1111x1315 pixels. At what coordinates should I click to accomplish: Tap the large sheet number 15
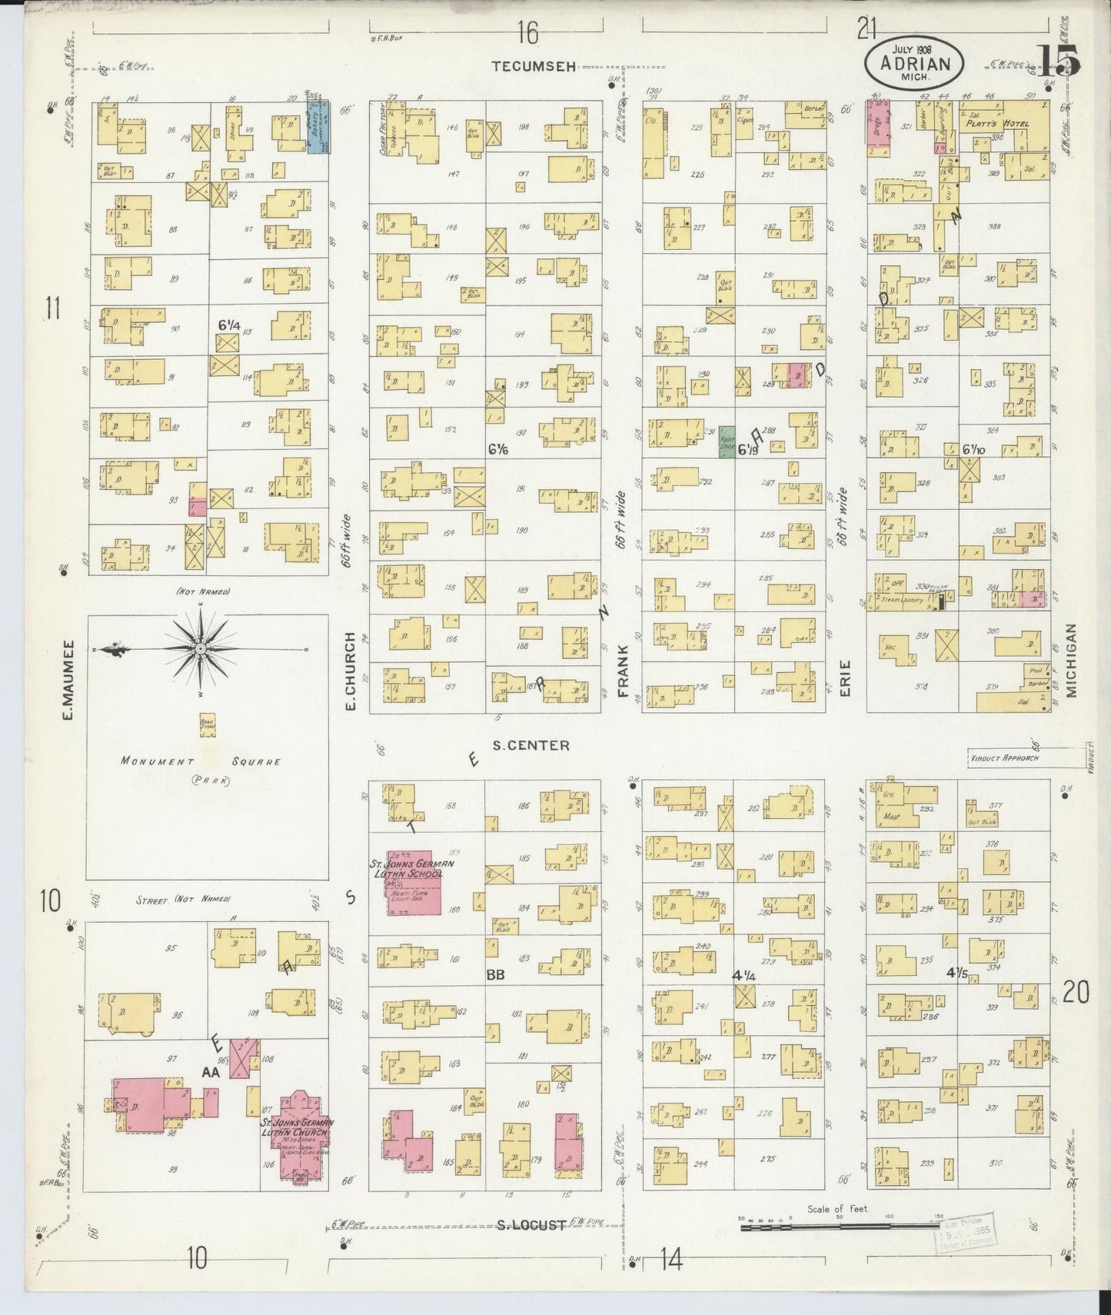point(1058,59)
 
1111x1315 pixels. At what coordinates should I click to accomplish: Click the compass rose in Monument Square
point(200,651)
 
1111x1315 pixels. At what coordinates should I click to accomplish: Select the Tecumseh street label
point(534,67)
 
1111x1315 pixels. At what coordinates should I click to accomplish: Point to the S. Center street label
point(531,745)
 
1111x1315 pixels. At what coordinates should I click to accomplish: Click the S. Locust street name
point(531,1225)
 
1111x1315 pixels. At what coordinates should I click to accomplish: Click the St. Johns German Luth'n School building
point(414,882)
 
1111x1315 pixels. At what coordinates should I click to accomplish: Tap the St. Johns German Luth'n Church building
point(298,1141)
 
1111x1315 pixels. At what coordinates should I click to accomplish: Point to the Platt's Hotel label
point(1000,123)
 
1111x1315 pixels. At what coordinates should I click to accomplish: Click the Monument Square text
point(200,761)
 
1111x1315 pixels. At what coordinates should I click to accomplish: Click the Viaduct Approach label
point(1004,757)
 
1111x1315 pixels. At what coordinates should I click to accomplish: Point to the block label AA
point(211,1071)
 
